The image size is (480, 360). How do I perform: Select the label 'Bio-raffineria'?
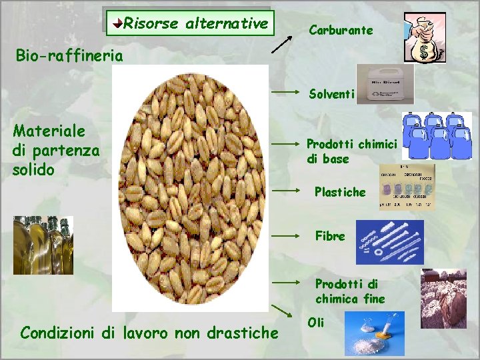pyautogui.click(x=69, y=55)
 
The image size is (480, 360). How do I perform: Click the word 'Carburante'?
pyautogui.click(x=340, y=31)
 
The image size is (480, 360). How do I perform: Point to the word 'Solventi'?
pyautogui.click(x=331, y=94)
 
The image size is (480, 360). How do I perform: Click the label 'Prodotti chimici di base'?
pyautogui.click(x=351, y=151)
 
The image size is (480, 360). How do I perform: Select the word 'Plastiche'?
pyautogui.click(x=340, y=192)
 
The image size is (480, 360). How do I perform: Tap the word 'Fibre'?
pyautogui.click(x=330, y=236)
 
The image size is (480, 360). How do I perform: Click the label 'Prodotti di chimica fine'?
pyautogui.click(x=350, y=291)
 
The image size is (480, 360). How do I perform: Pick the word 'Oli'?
pyautogui.click(x=316, y=322)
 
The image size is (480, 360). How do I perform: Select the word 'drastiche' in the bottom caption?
pyautogui.click(x=243, y=332)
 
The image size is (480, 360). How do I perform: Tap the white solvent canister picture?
pyautogui.click(x=385, y=84)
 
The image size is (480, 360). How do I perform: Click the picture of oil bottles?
pyautogui.click(x=43, y=245)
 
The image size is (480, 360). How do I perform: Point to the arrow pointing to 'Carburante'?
pyautogui.click(x=283, y=41)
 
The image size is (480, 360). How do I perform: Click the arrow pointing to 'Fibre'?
pyautogui.click(x=287, y=235)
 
